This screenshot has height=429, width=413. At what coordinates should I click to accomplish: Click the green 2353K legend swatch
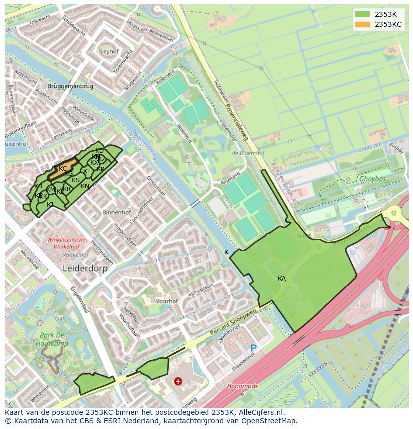point(362,14)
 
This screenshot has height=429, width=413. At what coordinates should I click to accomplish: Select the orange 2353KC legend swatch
point(362,24)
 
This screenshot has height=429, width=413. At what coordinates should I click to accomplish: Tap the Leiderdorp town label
point(85,268)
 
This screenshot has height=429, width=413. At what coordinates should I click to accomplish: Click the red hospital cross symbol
point(178,381)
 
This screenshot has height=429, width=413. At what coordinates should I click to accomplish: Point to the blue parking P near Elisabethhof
point(253,348)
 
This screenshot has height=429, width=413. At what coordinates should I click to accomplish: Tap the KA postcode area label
point(282,279)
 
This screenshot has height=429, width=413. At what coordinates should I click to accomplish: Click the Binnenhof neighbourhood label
point(116,212)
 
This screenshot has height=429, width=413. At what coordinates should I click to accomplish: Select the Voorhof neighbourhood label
point(167,301)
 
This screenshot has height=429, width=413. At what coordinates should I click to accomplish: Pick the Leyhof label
point(109,51)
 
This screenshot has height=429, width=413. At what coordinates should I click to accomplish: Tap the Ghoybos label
point(373,178)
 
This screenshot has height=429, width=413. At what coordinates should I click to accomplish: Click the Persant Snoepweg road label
point(233,319)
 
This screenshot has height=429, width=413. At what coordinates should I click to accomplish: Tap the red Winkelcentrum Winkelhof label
point(67,243)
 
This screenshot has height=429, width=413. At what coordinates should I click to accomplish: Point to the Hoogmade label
point(242,386)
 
